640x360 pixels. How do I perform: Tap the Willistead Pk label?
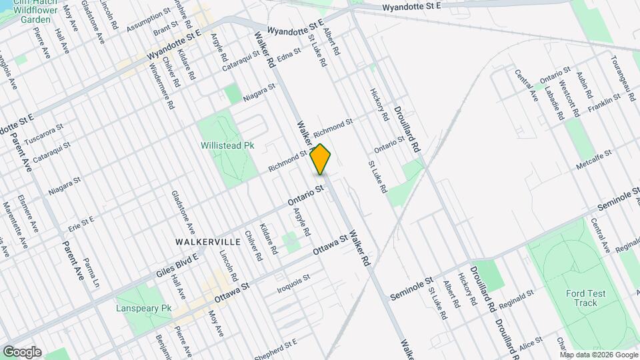227,145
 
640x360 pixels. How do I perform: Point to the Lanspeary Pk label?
143,309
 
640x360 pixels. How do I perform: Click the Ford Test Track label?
585,298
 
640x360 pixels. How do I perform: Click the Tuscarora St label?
43,135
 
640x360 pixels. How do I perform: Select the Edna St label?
285,57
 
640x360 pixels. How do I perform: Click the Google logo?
21,352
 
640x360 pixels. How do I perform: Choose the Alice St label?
531,343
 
